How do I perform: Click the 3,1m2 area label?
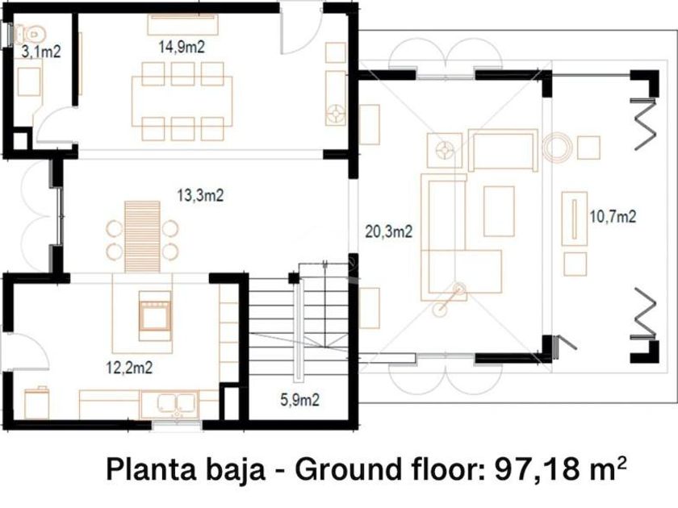click(x=41, y=52)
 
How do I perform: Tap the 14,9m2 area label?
click(x=182, y=47)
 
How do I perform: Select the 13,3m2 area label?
click(x=200, y=195)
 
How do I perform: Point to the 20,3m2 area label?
click(x=389, y=231)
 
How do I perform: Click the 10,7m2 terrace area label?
click(x=613, y=216)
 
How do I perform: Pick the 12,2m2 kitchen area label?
click(x=129, y=368)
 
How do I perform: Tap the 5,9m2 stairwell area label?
click(x=300, y=400)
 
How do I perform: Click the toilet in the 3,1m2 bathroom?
click(x=29, y=33)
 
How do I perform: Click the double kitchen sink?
click(x=177, y=403)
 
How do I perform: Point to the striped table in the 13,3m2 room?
click(x=142, y=237)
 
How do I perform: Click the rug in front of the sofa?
click(x=499, y=211)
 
